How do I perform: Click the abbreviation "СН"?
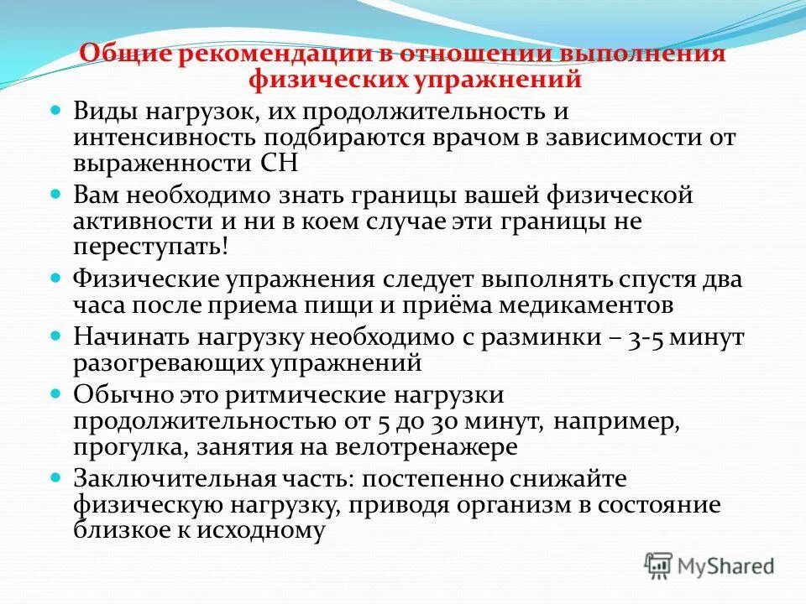click(280, 162)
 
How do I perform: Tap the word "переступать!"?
click(149, 248)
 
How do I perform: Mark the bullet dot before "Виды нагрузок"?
click(57, 110)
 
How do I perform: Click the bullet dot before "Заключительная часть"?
click(57, 476)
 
